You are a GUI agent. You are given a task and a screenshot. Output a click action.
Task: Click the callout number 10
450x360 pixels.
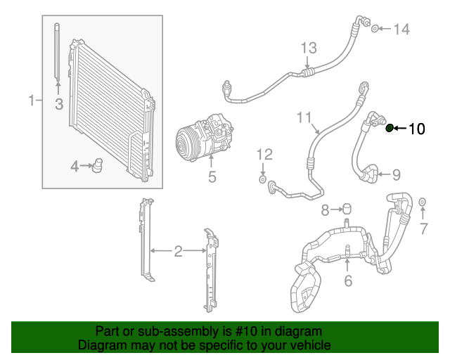coord(417,128)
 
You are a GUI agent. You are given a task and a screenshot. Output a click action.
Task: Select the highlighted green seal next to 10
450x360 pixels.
coord(390,127)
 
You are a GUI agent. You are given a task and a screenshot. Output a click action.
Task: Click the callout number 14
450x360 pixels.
coord(400,29)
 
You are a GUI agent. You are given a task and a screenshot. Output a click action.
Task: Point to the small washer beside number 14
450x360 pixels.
coord(375,29)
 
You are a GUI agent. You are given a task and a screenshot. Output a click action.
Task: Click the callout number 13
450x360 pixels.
coord(309,48)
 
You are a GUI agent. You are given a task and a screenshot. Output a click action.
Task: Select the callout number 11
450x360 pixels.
coord(303,117)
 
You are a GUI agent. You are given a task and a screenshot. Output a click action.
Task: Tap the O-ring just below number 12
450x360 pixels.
coord(262,181)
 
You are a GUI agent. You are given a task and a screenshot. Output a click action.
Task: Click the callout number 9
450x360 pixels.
coord(396,174)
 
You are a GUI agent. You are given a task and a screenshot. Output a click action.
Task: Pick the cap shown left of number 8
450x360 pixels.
coord(345,209)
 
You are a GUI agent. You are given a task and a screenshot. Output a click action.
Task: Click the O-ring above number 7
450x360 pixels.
coord(423,204)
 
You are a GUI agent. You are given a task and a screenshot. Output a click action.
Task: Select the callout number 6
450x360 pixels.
coord(347,281)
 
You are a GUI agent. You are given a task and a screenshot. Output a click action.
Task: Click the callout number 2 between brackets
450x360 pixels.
coord(178,250)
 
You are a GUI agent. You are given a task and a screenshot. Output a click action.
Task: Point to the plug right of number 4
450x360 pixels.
coord(98,166)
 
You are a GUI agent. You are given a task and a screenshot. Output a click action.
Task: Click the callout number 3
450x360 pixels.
coord(58,105)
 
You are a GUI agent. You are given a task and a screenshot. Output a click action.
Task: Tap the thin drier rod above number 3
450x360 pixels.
coord(57,53)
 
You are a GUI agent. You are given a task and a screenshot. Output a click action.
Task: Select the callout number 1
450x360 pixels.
coord(31,101)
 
